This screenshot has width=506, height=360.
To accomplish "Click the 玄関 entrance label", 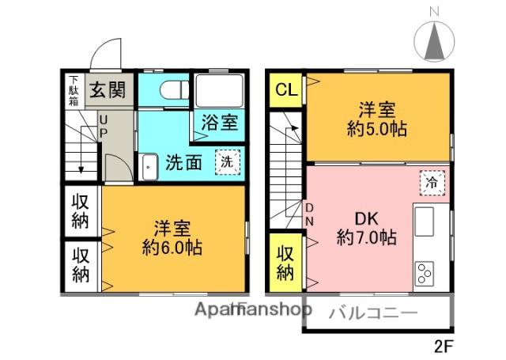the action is coord(108,89).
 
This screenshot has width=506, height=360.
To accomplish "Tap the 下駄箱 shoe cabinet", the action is coord(74,91).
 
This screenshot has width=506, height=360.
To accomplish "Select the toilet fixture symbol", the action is coord(175,89).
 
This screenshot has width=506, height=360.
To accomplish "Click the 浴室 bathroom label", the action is coord(220,123).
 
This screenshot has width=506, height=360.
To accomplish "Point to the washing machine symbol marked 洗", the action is coord(228,162).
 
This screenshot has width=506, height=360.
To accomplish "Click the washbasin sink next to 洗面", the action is coord(149,167).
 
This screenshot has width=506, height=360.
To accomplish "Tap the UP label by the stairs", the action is coord(103,127).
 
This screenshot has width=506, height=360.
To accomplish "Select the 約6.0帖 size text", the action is coord(172,248).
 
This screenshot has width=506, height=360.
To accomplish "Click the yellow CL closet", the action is coord(285,90).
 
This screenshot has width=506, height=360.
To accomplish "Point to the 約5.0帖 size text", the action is coord(376,129).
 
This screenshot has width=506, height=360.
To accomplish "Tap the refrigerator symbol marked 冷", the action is coord(432,183).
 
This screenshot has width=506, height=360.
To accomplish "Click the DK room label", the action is coord(366,219).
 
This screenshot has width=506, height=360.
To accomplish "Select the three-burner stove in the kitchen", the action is coord(425,273).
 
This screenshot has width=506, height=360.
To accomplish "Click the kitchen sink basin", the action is coord(424,222).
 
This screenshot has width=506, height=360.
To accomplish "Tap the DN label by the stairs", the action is coord(309,214).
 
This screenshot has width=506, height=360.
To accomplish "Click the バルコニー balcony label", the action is coord(373,313).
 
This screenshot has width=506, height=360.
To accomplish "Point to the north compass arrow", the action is coord(434,41).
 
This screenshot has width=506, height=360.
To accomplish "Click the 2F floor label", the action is coord(444,347).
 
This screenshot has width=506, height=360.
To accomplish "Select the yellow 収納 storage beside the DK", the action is coord(285,262).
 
